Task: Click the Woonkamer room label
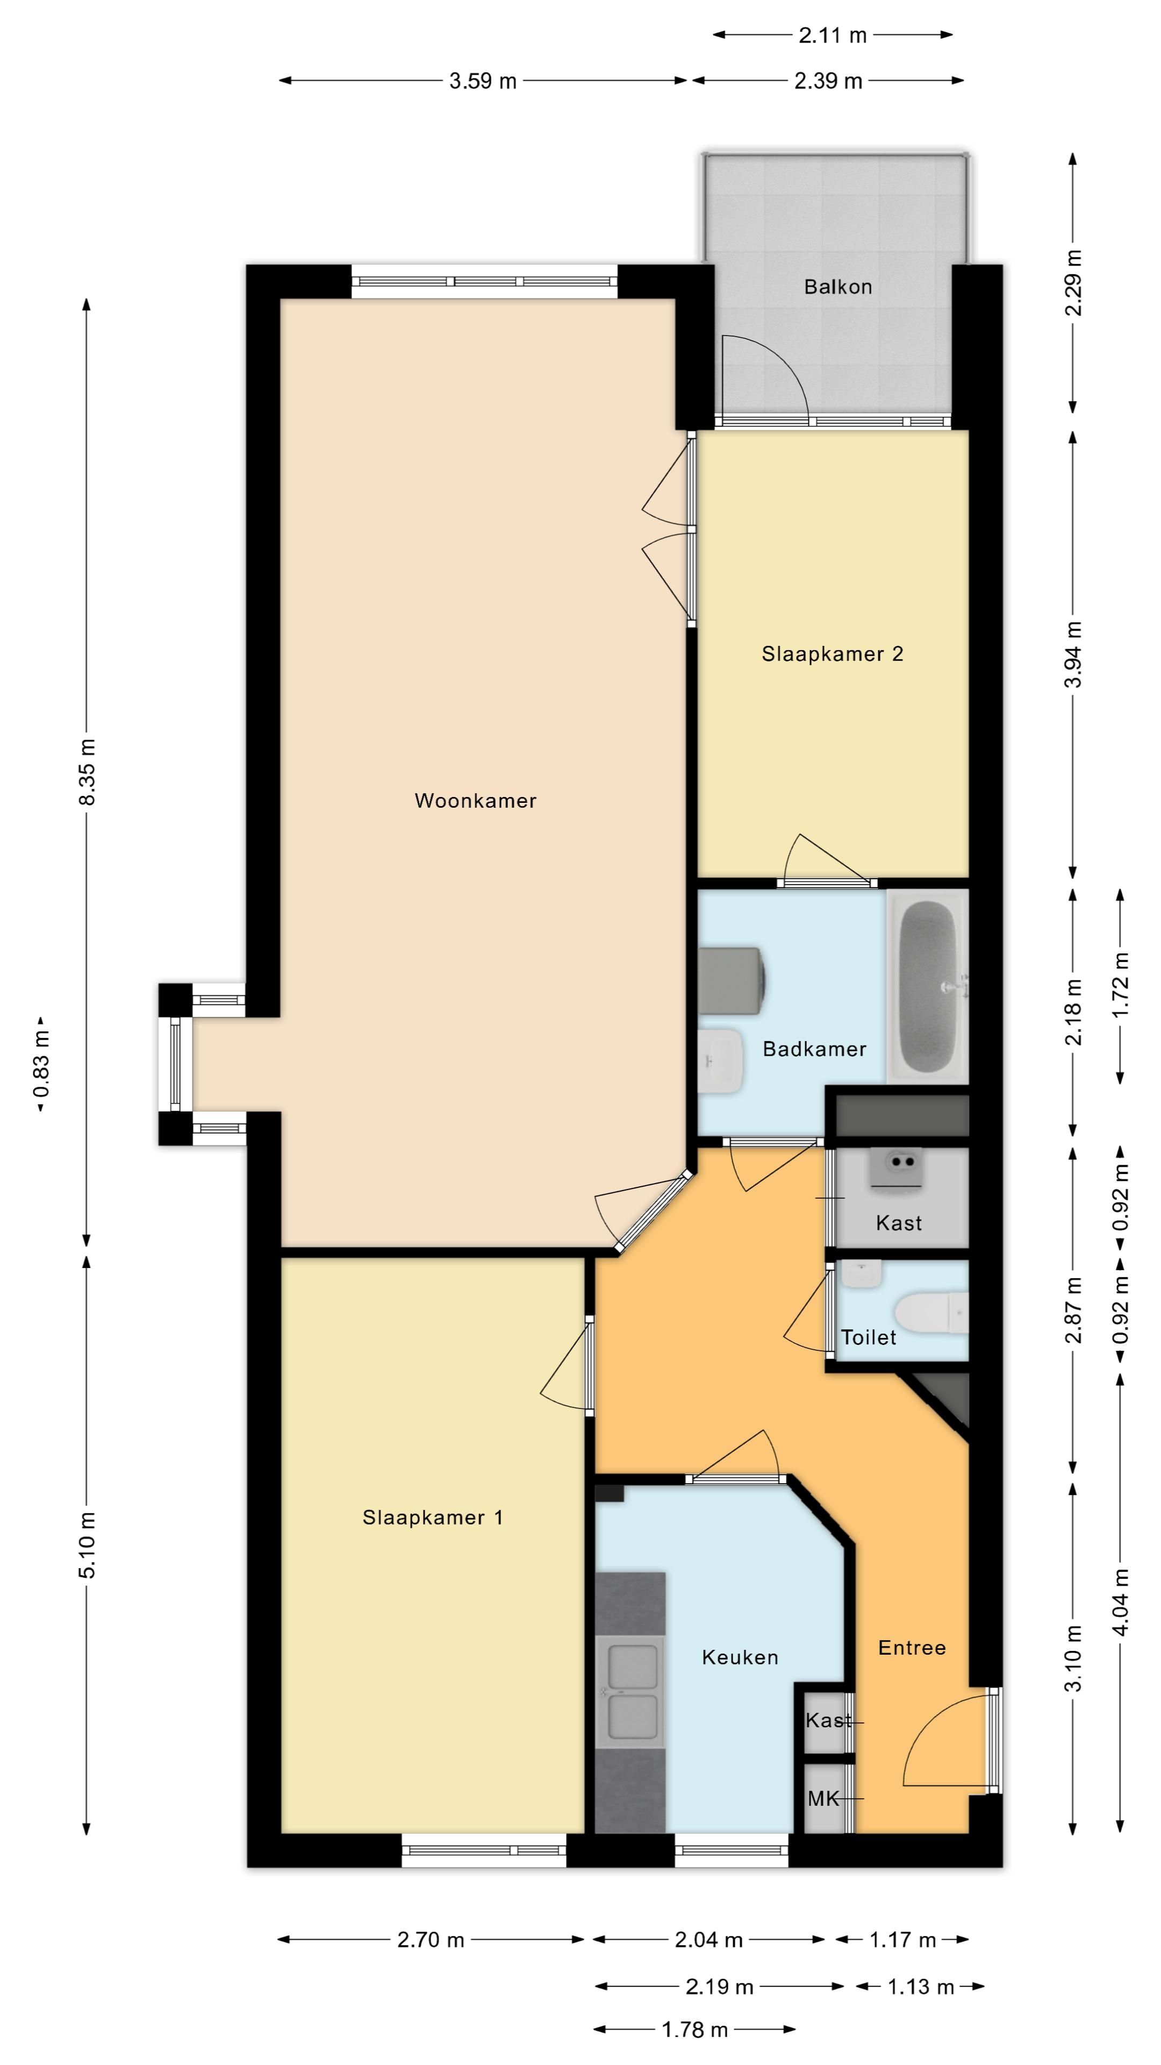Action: [475, 801]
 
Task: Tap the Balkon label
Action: [838, 287]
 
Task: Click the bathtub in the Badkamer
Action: [928, 986]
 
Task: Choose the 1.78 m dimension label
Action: [694, 2030]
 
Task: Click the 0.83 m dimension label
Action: [42, 1065]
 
